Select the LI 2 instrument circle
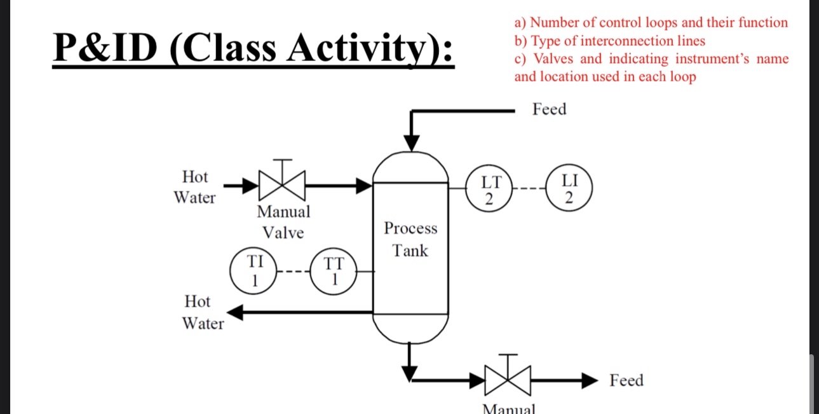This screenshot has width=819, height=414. pos(569,189)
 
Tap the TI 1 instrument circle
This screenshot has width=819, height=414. pos(254,272)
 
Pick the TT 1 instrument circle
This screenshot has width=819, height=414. pos(333,272)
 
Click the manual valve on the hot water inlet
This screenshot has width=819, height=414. pos(283,185)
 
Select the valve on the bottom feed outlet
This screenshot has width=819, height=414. pos(508,380)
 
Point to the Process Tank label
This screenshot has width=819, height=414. pos(410,239)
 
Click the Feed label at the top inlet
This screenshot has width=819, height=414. pos(549,109)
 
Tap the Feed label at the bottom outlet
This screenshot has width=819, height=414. pos(626,380)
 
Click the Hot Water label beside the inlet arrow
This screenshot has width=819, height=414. pos(195,187)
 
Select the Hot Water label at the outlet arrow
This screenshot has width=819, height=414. pos(203,312)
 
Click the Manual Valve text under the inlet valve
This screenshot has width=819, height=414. pos(283,221)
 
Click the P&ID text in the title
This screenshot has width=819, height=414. pos(105,48)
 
